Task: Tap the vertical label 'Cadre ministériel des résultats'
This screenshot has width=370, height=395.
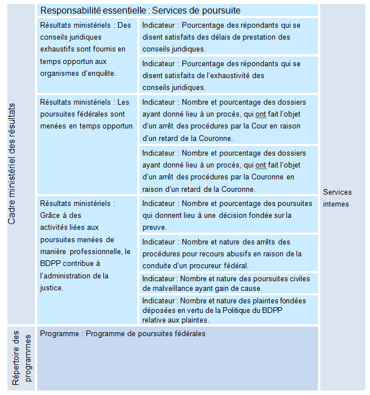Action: click(12, 164)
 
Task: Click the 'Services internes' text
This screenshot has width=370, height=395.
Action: click(336, 198)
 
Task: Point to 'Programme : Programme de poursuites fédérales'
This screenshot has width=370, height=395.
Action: click(123, 334)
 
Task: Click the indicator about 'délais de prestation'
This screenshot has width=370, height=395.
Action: click(220, 37)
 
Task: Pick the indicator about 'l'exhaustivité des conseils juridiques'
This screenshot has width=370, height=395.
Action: click(220, 75)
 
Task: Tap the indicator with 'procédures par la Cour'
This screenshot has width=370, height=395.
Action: click(224, 121)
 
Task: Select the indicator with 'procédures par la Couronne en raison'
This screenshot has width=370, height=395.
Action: click(224, 171)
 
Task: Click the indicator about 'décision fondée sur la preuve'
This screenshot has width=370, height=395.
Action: click(226, 215)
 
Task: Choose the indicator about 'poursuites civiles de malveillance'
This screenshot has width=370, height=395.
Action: click(226, 283)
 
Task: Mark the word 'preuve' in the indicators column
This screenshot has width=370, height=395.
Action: click(154, 227)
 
